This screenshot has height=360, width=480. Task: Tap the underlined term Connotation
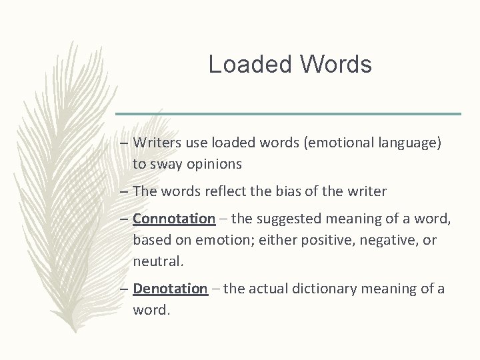[x=174, y=218]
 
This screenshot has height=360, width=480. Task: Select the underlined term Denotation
[x=171, y=289]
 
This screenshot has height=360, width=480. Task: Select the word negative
[x=387, y=239]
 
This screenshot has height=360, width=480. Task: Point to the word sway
[x=162, y=163]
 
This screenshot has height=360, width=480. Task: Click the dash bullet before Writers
[x=125, y=143]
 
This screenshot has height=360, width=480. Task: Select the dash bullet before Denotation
[x=125, y=289]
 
